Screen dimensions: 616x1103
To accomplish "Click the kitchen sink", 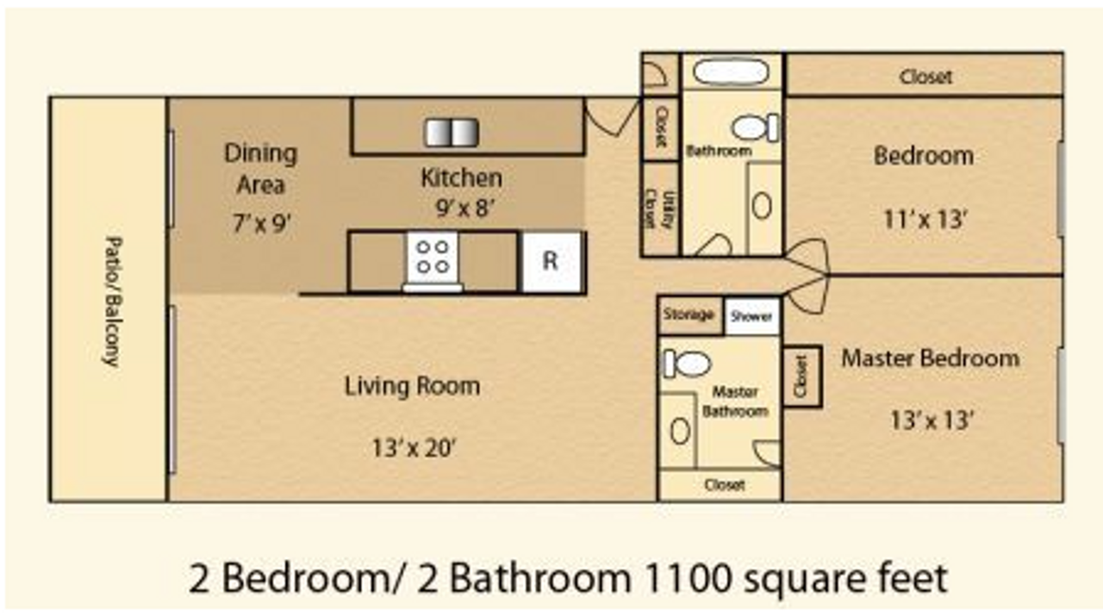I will [x=452, y=133].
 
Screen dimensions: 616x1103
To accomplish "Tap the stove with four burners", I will [x=433, y=257].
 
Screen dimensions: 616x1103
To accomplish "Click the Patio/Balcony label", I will [x=110, y=302].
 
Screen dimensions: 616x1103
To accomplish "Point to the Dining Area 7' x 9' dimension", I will [x=260, y=223].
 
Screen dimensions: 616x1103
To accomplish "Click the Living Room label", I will [x=412, y=385].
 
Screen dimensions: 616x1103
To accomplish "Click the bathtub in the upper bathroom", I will [x=732, y=72].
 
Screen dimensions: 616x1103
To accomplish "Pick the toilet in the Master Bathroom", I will [x=687, y=364].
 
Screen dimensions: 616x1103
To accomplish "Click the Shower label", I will [x=751, y=316].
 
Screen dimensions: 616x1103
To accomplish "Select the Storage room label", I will [x=689, y=314].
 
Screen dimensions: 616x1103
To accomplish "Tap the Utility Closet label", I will [x=660, y=209].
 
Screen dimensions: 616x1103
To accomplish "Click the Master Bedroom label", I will [x=930, y=358].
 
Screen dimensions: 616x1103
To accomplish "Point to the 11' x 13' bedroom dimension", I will [x=926, y=219].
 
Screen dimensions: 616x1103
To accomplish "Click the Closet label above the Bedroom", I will [x=925, y=77].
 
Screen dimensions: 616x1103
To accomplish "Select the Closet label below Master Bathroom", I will [x=724, y=485].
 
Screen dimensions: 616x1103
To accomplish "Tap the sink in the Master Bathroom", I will [x=680, y=430].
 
